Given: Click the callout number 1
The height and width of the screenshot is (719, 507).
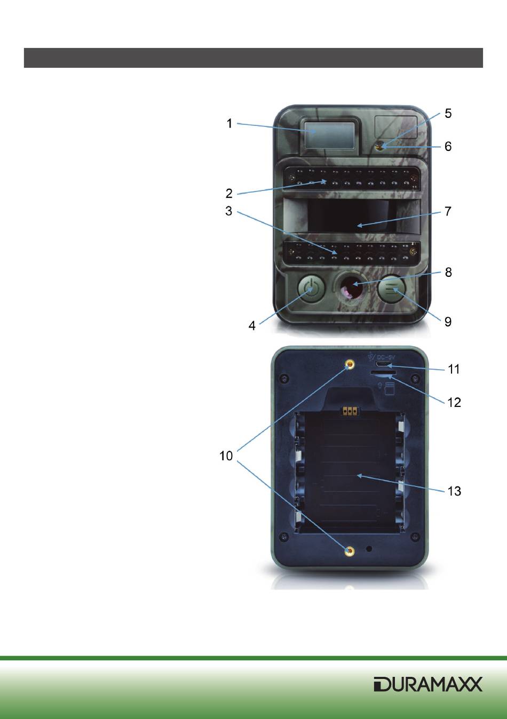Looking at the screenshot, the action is pyautogui.click(x=229, y=124).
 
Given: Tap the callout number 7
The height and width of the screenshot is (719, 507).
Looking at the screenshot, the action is pyautogui.click(x=448, y=211).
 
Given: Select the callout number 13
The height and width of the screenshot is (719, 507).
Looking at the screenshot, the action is pyautogui.click(x=454, y=491).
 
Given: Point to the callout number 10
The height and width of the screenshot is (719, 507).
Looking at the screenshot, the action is pyautogui.click(x=226, y=456).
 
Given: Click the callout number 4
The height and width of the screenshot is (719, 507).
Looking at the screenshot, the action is pyautogui.click(x=251, y=325).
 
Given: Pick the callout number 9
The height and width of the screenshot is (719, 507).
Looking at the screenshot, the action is pyautogui.click(x=448, y=322).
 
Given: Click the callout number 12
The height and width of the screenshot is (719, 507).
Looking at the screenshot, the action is pyautogui.click(x=454, y=402).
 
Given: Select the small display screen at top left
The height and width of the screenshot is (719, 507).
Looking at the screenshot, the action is pyautogui.click(x=330, y=135).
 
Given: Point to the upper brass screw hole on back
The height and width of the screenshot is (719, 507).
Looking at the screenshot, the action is pyautogui.click(x=350, y=365).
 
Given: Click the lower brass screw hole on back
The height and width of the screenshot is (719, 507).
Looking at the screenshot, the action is pyautogui.click(x=350, y=552).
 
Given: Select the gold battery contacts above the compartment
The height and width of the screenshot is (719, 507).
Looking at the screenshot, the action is pyautogui.click(x=350, y=411).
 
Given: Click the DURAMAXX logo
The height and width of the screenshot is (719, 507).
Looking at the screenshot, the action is pyautogui.click(x=428, y=684).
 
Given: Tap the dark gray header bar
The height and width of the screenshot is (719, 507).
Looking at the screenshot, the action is pyautogui.click(x=253, y=58).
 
